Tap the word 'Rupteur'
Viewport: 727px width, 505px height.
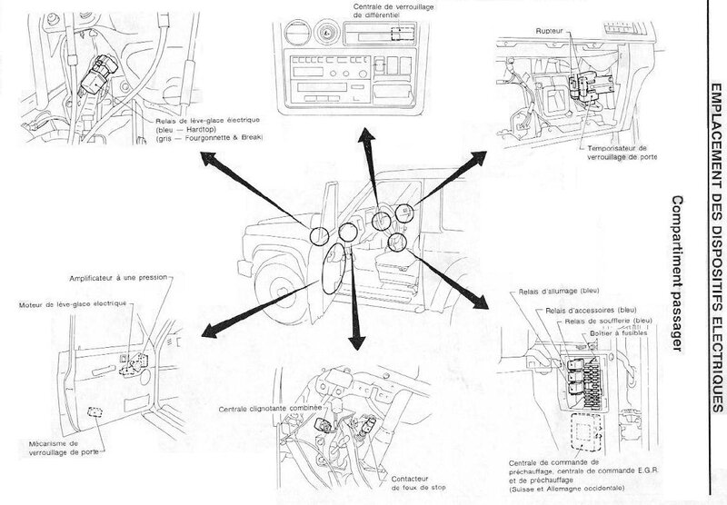point(551,29)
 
